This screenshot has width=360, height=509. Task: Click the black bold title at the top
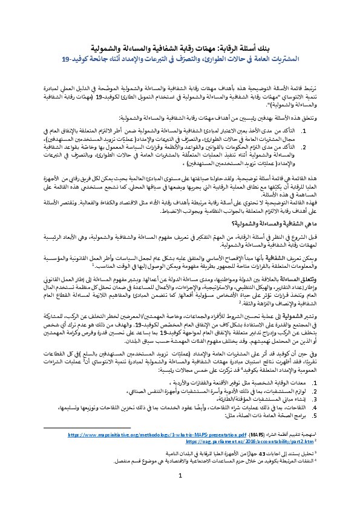click(x=180, y=47)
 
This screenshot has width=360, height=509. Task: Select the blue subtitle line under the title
click(x=180, y=59)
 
